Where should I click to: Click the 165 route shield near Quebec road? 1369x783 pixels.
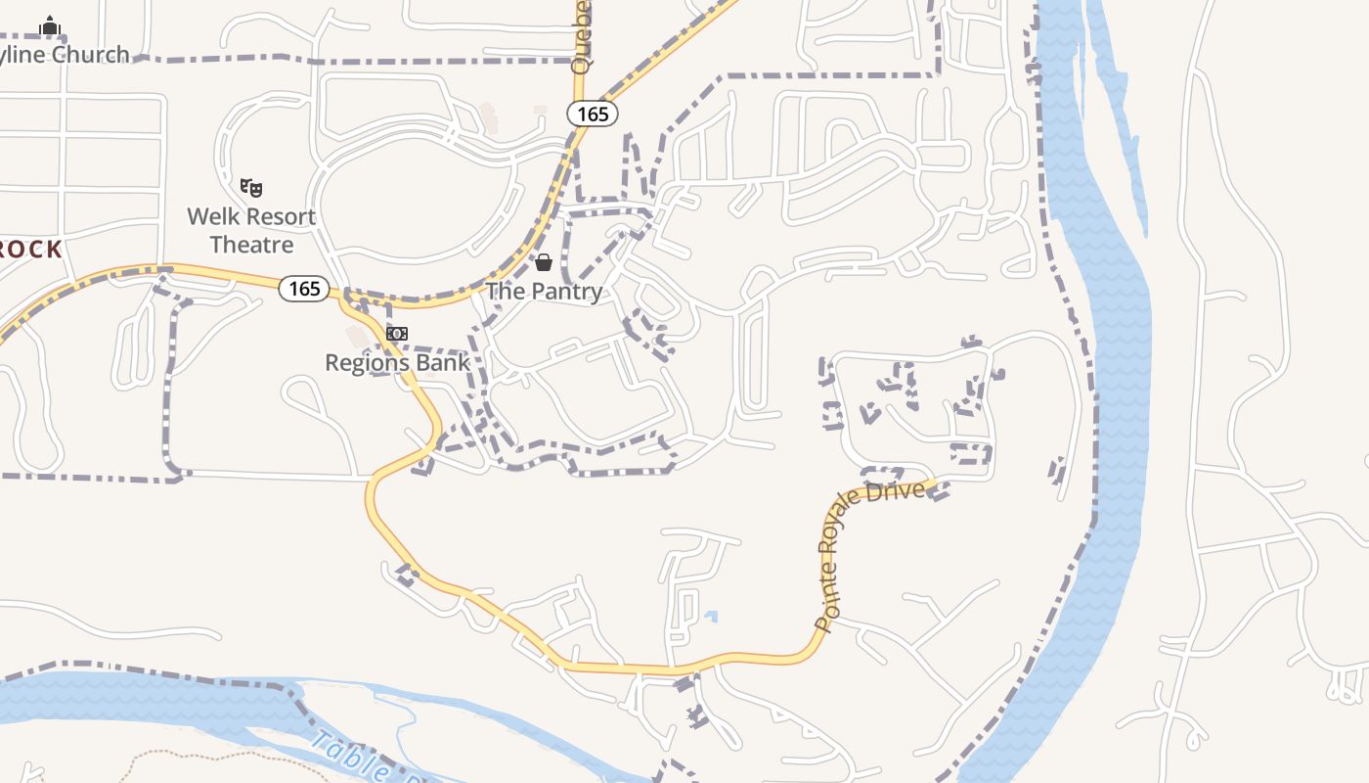click(x=593, y=115)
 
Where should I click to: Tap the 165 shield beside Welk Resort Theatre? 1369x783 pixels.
click(x=304, y=289)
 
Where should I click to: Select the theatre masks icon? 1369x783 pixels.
click(x=251, y=187)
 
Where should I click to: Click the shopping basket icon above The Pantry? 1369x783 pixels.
click(x=544, y=262)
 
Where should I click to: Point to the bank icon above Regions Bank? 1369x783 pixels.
click(x=396, y=334)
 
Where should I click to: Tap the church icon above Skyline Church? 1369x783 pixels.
click(x=50, y=24)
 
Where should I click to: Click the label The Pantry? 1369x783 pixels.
click(x=544, y=291)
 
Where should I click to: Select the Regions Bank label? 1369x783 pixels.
click(x=397, y=362)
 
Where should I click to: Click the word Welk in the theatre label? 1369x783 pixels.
click(x=213, y=216)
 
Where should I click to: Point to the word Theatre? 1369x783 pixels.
click(x=252, y=245)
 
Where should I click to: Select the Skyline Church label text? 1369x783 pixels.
click(x=65, y=54)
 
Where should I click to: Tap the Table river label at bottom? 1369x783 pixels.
click(x=351, y=758)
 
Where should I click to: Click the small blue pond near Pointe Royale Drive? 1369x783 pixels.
click(x=711, y=618)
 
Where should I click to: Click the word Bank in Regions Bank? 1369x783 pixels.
click(x=444, y=362)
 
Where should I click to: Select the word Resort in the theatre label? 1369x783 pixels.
click(x=279, y=216)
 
